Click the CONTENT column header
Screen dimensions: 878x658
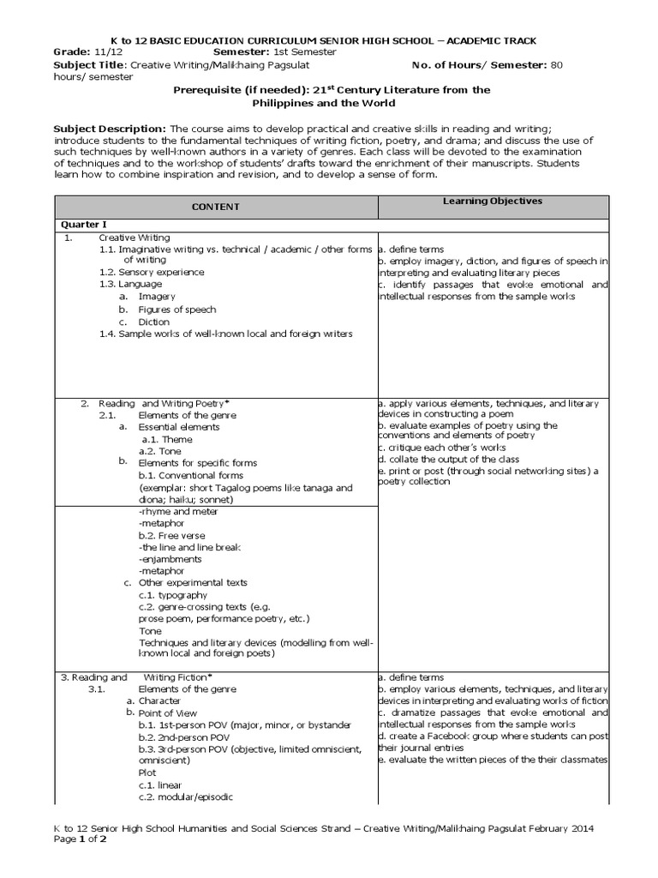click(215, 207)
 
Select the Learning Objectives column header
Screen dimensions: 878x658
click(493, 201)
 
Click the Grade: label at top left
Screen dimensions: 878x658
click(71, 52)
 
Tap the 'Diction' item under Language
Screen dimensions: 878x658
click(155, 322)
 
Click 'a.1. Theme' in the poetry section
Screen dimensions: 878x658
click(166, 439)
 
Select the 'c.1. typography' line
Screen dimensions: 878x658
click(172, 594)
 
